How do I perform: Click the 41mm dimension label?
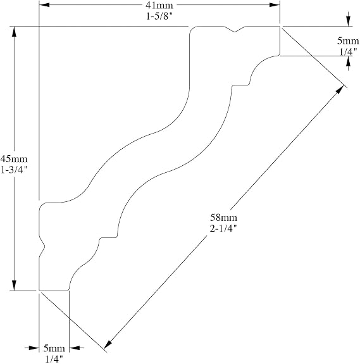tap(159, 5)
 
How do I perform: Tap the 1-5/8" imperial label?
tap(159, 16)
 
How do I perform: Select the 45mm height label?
tap(14, 159)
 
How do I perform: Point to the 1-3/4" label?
tap(14, 170)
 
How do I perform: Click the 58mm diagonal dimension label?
tap(223, 218)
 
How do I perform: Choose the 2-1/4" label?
tap(223, 229)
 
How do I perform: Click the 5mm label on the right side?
tap(348, 41)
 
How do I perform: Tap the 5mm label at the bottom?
tap(54, 348)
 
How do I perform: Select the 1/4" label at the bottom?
tap(54, 360)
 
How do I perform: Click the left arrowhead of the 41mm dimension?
tap(44, 5)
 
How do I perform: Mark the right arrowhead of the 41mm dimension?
tap(275, 5)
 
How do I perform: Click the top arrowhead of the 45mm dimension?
tap(14, 32)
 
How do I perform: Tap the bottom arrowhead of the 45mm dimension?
tap(14, 286)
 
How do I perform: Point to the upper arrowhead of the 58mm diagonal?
tap(340, 89)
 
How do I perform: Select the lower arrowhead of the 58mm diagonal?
tap(108, 344)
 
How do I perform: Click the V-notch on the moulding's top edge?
tap(235, 30)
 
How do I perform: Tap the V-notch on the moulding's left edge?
tap(42, 246)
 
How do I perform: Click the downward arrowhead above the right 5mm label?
tap(348, 21)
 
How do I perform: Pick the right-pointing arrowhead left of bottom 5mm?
tap(34, 348)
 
